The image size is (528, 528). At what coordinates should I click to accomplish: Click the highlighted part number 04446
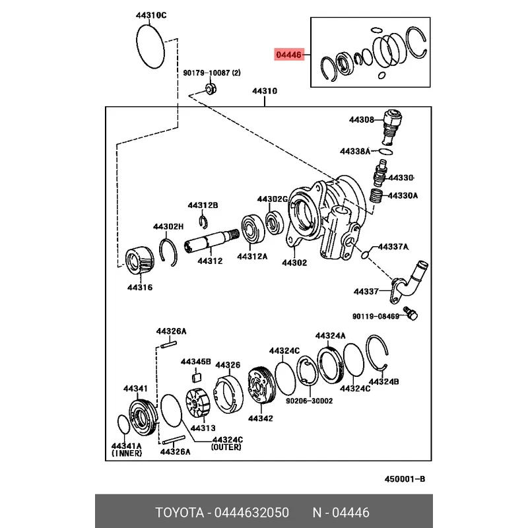(x=288, y=56)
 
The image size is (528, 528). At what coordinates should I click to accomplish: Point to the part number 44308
(x=362, y=119)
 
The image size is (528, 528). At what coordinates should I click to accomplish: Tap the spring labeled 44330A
(x=376, y=196)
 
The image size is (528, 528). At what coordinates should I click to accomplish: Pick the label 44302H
(x=168, y=226)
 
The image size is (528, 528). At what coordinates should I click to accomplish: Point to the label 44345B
(x=195, y=362)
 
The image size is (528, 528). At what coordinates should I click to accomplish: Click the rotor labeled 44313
(x=198, y=405)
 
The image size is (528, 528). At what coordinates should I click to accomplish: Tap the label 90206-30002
(x=309, y=401)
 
